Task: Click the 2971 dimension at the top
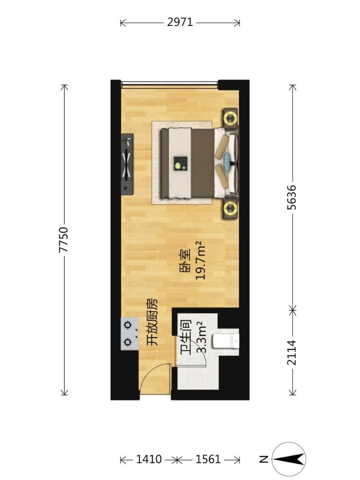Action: (180, 22)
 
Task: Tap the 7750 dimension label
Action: (63, 240)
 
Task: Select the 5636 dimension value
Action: (292, 197)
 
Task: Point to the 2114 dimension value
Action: (292, 353)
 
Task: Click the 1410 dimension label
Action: (149, 459)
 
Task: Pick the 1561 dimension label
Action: (208, 459)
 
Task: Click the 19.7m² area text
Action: (199, 260)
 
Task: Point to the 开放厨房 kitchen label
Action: (152, 322)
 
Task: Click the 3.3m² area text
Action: (200, 337)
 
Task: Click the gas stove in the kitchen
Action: (129, 334)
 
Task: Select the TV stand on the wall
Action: (127, 164)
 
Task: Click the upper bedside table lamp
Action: (230, 117)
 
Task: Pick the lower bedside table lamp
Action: (230, 208)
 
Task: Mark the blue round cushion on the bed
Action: (227, 159)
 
